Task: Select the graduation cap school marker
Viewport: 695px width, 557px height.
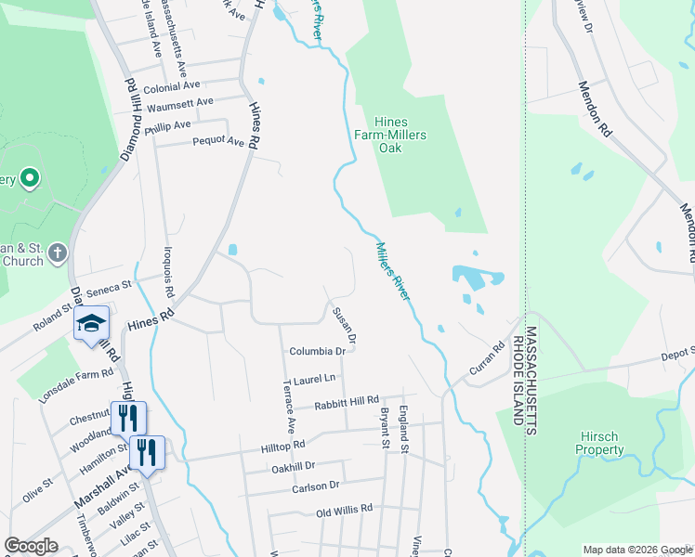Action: click(x=92, y=323)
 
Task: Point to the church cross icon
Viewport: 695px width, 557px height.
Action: click(x=58, y=252)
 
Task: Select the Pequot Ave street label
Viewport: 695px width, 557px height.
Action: click(x=217, y=142)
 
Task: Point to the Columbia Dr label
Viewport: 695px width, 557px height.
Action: click(x=317, y=352)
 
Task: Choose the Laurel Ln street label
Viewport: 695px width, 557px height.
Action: click(x=313, y=380)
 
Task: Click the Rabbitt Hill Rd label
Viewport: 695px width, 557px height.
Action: click(x=346, y=401)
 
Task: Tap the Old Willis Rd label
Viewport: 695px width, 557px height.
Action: click(x=344, y=510)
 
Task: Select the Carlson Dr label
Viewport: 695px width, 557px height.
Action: click(x=322, y=486)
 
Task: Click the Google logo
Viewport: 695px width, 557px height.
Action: click(x=31, y=547)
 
